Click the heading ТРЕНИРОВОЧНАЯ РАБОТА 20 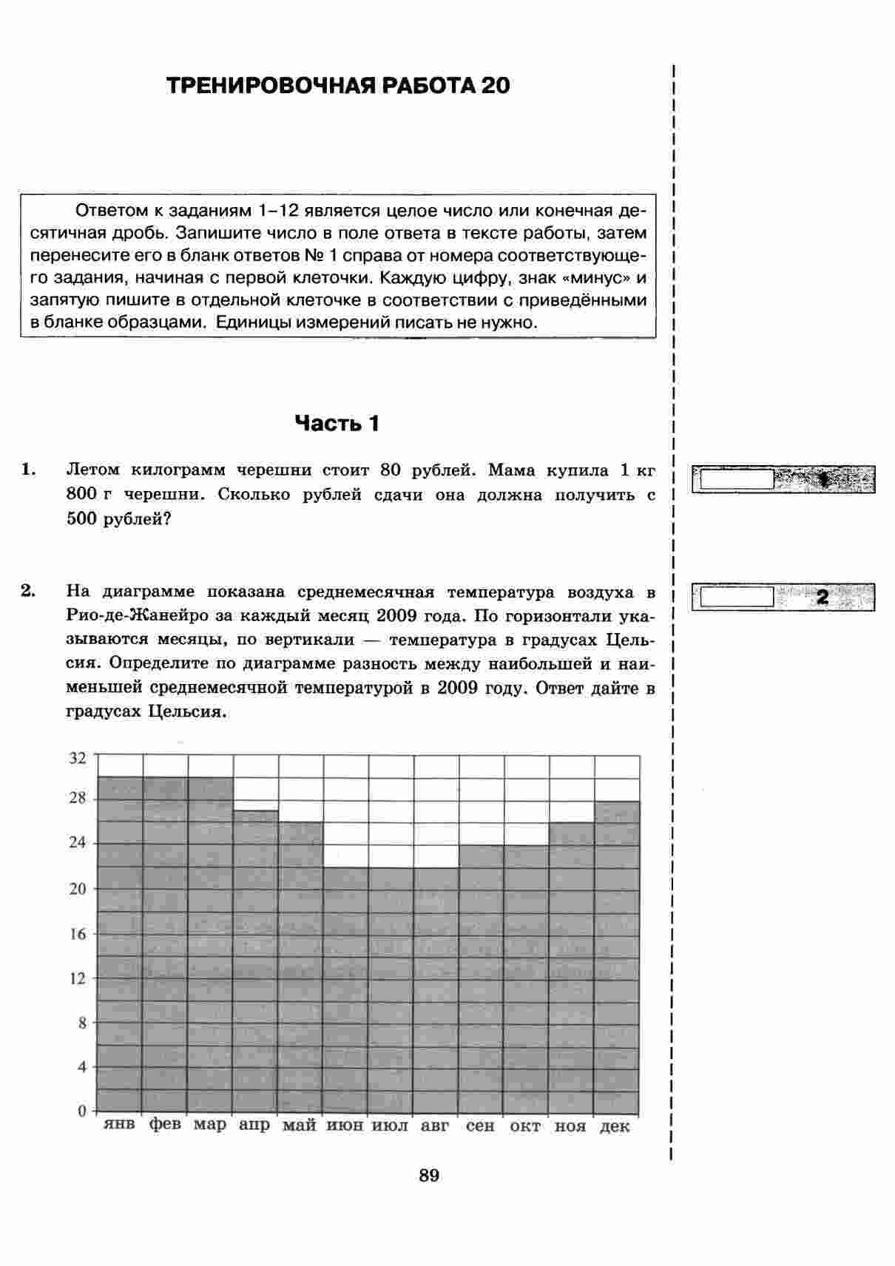(x=338, y=86)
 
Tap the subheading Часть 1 (x=337, y=424)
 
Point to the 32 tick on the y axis (x=78, y=757)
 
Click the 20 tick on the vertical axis (x=78, y=889)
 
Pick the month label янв (x=119, y=1125)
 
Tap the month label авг (x=435, y=1125)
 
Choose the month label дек (x=615, y=1126)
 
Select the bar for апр (x=256, y=961)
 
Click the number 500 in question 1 (x=82, y=519)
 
